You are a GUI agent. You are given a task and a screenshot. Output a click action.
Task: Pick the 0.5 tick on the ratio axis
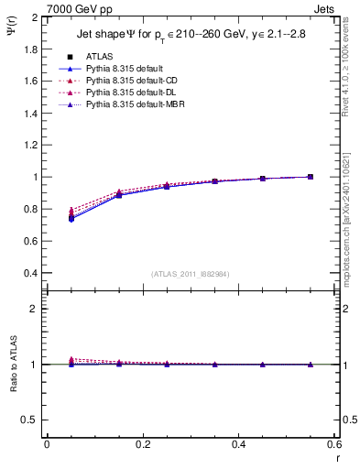tap(32, 420)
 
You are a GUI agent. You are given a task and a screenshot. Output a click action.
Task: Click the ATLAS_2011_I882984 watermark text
tap(190, 274)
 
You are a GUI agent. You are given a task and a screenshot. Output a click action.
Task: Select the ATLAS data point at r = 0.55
tap(310, 177)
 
